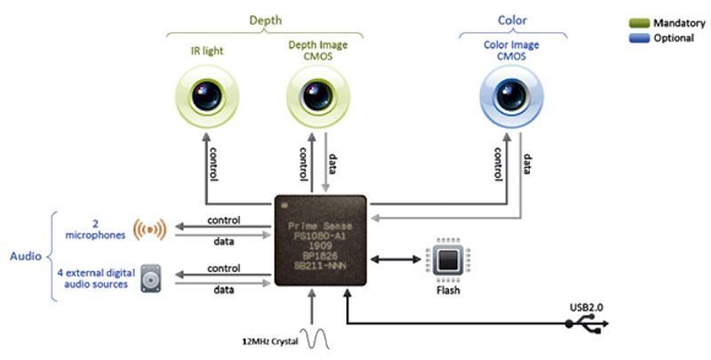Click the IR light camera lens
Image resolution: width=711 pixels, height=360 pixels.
click(x=206, y=96)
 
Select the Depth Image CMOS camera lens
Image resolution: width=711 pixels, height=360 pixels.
click(x=316, y=96)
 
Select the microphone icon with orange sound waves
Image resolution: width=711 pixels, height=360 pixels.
click(x=149, y=228)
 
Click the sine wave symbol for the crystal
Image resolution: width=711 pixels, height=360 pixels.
click(x=315, y=338)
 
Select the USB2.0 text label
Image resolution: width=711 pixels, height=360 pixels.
click(x=587, y=308)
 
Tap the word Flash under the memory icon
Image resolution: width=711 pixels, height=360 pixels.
click(x=447, y=289)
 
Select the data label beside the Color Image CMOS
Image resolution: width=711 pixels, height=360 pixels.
click(x=527, y=164)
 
